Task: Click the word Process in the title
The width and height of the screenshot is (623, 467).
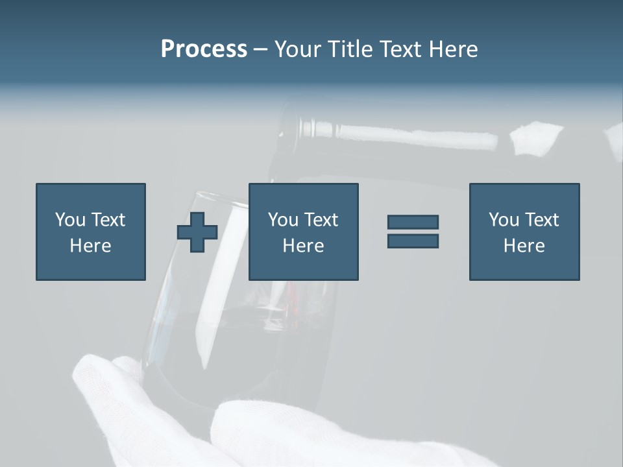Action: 204,49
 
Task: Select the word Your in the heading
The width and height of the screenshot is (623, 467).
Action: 298,49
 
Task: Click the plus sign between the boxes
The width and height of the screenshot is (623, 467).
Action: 197,232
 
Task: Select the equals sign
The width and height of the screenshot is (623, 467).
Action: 413,232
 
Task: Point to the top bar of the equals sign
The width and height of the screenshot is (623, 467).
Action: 413,222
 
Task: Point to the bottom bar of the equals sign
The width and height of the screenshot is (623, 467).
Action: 413,241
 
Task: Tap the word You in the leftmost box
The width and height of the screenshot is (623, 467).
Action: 70,220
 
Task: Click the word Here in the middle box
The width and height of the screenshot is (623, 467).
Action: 304,246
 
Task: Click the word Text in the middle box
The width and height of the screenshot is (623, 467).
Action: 321,220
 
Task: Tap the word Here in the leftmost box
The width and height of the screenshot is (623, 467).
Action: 91,246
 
